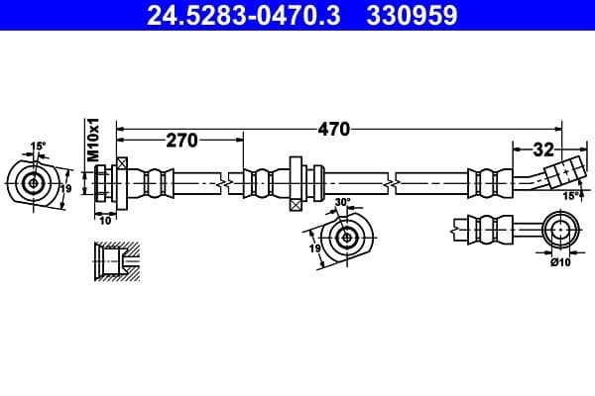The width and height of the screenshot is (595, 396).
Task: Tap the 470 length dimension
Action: pyautogui.click(x=333, y=129)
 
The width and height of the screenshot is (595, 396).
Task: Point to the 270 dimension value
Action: pyautogui.click(x=181, y=141)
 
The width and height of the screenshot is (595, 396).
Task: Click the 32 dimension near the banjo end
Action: pyautogui.click(x=542, y=150)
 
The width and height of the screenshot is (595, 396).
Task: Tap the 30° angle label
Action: pyautogui.click(x=344, y=202)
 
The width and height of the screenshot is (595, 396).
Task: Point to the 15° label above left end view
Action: pyautogui.click(x=38, y=147)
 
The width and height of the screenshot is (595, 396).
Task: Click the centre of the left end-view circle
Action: pyautogui.click(x=35, y=182)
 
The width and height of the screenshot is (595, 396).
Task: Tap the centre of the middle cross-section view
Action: pyautogui.click(x=347, y=237)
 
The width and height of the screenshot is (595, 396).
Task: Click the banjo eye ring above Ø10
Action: pyautogui.click(x=560, y=232)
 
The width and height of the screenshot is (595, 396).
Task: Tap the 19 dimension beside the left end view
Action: pyautogui.click(x=66, y=188)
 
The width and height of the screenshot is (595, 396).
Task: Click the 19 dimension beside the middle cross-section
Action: pyautogui.click(x=314, y=249)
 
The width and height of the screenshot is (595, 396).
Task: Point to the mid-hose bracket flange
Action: pyautogui.click(x=296, y=182)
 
